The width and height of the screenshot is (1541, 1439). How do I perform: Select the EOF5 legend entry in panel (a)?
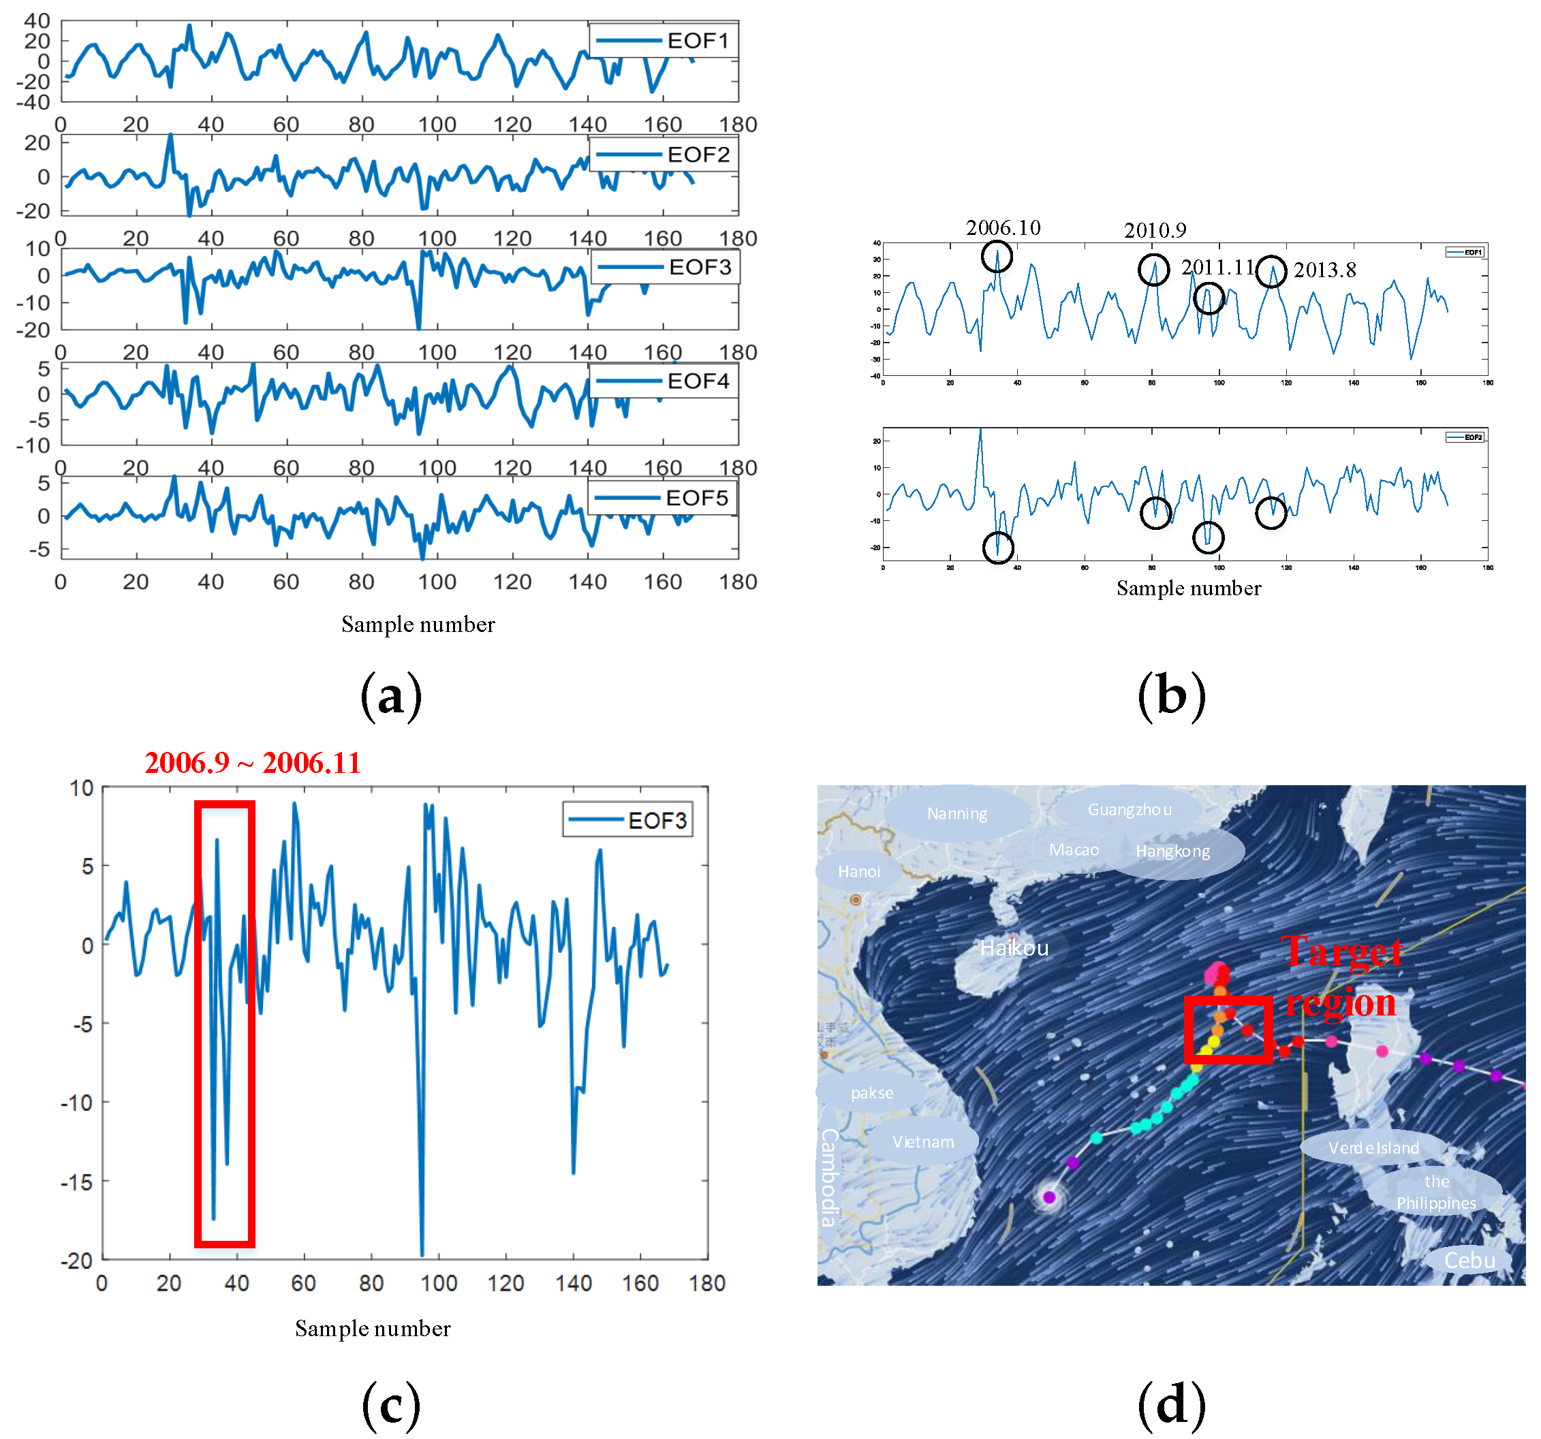point(662,498)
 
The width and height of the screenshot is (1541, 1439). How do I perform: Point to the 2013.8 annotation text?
point(1325,270)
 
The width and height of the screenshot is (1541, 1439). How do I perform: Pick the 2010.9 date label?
point(1155,230)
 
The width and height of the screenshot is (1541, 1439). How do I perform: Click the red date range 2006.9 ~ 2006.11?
point(253,763)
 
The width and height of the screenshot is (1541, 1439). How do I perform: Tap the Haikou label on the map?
point(1014,948)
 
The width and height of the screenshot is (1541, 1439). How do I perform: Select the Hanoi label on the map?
point(859,872)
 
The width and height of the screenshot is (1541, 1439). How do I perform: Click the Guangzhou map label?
point(1130,810)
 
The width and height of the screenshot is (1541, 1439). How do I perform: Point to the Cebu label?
point(1469,1261)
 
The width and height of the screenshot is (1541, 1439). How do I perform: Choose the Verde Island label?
point(1373,1148)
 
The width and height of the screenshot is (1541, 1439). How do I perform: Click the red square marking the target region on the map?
point(1228,1029)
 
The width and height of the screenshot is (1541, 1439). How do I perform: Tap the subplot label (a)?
point(392,695)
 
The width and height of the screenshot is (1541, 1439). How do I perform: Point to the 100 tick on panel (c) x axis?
point(439,1283)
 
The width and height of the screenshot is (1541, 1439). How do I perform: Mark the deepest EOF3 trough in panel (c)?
point(422,1254)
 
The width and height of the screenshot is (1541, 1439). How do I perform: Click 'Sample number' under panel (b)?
point(1188,588)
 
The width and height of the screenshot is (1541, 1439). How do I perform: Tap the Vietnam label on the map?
point(922,1141)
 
